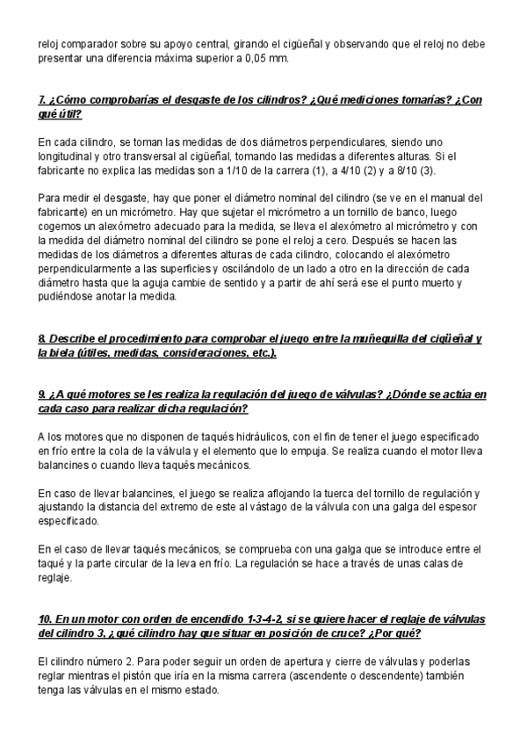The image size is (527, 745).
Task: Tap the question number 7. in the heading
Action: point(43,99)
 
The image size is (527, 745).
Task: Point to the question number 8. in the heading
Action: point(43,338)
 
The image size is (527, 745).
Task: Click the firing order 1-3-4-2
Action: point(265,619)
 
